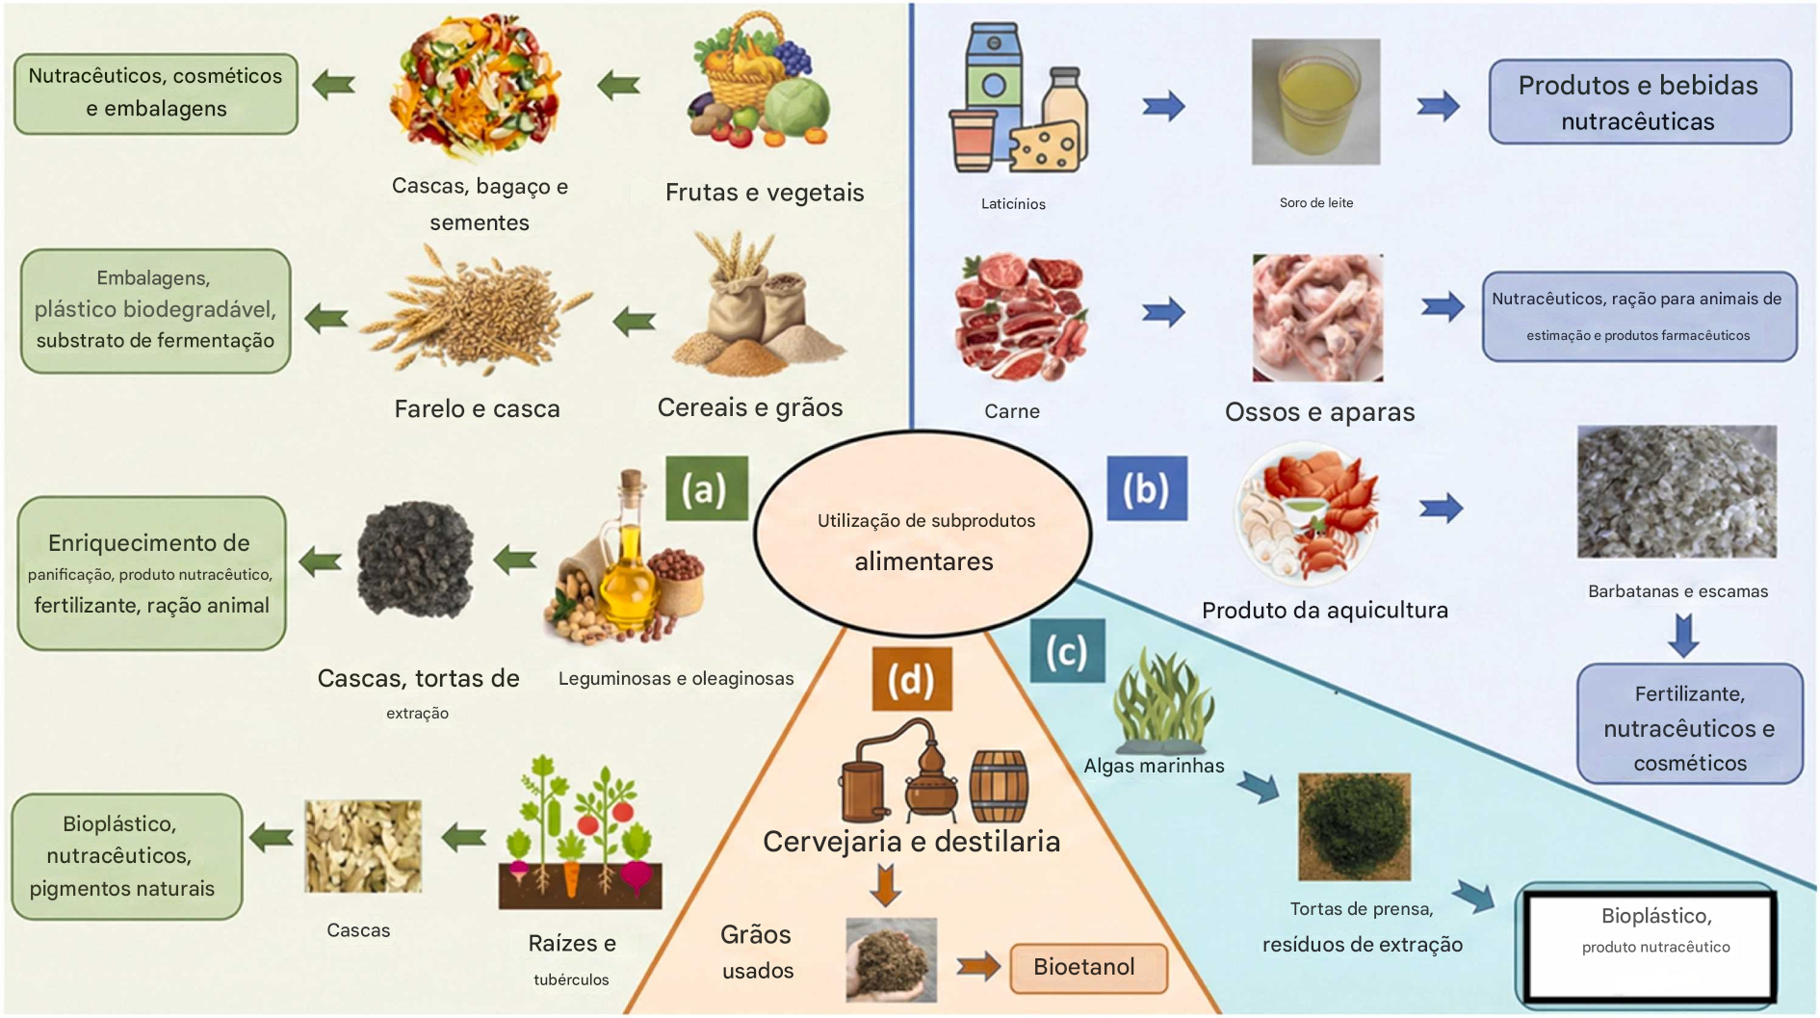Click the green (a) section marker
[706, 488]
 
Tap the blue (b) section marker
[1146, 488]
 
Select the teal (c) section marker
[1066, 652]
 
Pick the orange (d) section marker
[911, 679]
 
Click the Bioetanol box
[1087, 967]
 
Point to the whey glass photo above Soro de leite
[1315, 102]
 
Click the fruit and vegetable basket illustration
[760, 82]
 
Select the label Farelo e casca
[477, 409]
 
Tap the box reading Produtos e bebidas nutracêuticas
[1639, 102]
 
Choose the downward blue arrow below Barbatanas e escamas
[1682, 635]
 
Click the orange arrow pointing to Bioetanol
[978, 966]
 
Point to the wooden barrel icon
[999, 786]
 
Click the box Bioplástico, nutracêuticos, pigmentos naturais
[126, 856]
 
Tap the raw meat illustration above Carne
[1020, 318]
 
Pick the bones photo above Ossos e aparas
[1316, 318]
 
